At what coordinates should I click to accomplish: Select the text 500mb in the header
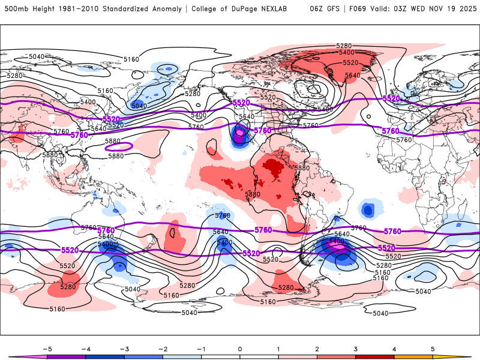click(14, 9)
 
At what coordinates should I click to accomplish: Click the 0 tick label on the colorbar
click(240, 348)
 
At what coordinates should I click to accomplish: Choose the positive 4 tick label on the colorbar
click(394, 348)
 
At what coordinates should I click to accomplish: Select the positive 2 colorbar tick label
click(317, 348)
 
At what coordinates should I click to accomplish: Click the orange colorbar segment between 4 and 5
click(413, 356)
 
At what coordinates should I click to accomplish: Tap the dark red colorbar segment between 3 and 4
click(375, 356)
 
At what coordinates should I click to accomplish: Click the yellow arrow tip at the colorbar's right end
click(462, 356)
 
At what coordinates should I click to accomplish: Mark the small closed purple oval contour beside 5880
click(118, 146)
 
